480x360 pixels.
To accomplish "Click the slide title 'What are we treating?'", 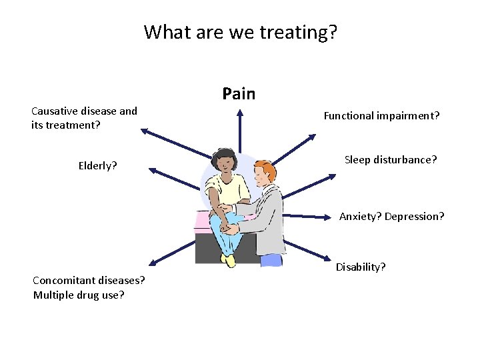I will click(x=240, y=31).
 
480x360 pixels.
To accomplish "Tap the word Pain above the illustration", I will click(x=239, y=94).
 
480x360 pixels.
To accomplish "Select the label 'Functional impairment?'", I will click(x=381, y=116).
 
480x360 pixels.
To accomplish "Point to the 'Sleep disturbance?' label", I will click(x=391, y=160).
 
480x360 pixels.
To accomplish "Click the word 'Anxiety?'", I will click(x=360, y=217).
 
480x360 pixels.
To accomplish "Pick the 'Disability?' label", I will click(x=360, y=267).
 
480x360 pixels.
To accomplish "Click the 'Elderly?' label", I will click(x=97, y=165).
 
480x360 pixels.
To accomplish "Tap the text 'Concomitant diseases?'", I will click(x=89, y=280).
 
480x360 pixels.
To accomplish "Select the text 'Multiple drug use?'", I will click(x=79, y=295).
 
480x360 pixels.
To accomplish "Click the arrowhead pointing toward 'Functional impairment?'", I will click(x=312, y=137).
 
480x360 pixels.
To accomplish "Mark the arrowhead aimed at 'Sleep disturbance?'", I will click(x=333, y=177).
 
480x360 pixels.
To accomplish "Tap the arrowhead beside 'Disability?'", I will click(x=327, y=259).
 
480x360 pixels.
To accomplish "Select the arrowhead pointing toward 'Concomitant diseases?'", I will click(x=154, y=263).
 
